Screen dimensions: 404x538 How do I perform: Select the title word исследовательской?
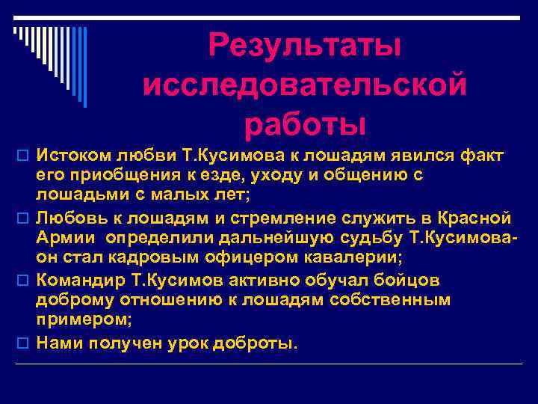[305, 84]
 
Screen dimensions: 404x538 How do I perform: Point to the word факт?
[483, 155]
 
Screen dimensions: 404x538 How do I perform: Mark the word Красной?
[473, 218]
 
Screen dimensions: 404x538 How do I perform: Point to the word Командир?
[78, 280]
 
